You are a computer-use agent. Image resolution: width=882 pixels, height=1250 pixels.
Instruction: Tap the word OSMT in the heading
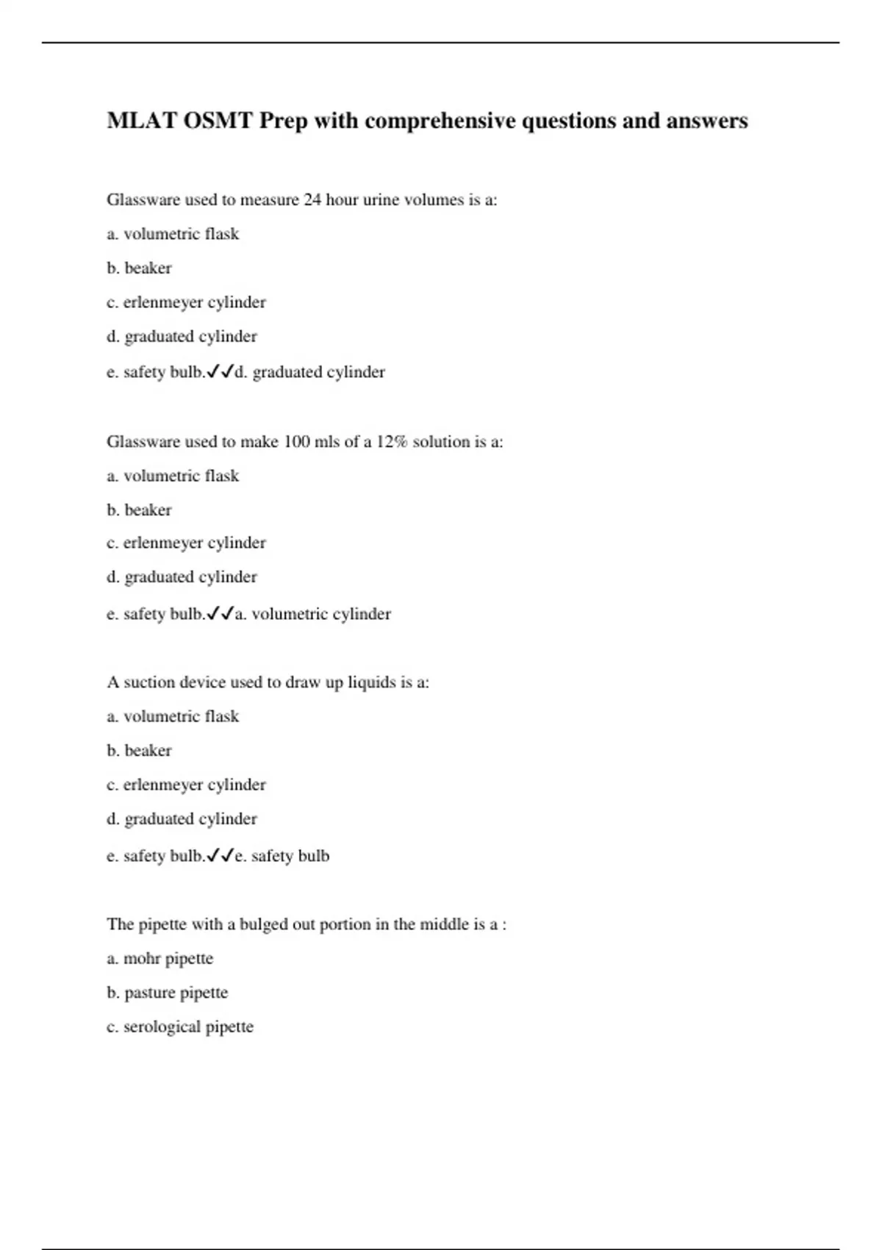[x=217, y=121]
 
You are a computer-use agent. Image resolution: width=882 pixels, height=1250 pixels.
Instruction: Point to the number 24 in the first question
[x=312, y=200]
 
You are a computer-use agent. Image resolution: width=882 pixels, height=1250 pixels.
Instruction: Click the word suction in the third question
[x=149, y=682]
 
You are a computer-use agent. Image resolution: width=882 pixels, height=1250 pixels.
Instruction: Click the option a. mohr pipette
[x=159, y=959]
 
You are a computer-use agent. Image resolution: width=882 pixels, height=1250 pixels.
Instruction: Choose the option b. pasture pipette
[x=167, y=993]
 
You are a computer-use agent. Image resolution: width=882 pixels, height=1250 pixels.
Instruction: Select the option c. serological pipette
[x=179, y=1027]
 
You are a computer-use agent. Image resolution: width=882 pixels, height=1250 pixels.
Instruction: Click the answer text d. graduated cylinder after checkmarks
[x=309, y=372]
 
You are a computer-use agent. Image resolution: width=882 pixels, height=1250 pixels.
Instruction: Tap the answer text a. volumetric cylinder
[x=312, y=614]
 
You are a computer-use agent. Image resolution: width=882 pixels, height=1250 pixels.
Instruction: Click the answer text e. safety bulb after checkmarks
[x=282, y=856]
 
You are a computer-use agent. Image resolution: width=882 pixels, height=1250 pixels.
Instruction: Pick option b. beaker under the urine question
[x=139, y=268]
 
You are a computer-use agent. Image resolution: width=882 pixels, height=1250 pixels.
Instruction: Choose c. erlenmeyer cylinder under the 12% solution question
[x=186, y=543]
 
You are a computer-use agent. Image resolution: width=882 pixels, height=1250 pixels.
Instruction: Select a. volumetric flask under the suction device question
[x=173, y=716]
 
